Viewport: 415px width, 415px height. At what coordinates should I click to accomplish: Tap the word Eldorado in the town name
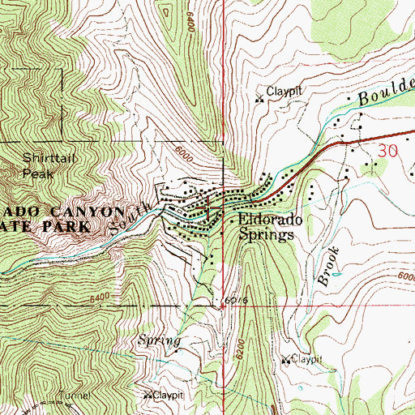point(270,220)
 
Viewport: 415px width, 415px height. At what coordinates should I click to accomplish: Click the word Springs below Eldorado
point(266,236)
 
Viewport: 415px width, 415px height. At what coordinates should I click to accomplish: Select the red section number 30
point(389,150)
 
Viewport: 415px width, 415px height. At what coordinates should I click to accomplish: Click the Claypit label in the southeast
point(307,357)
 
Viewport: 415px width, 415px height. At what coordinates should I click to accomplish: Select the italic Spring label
point(158,340)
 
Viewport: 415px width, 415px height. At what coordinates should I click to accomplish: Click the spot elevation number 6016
point(235,301)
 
